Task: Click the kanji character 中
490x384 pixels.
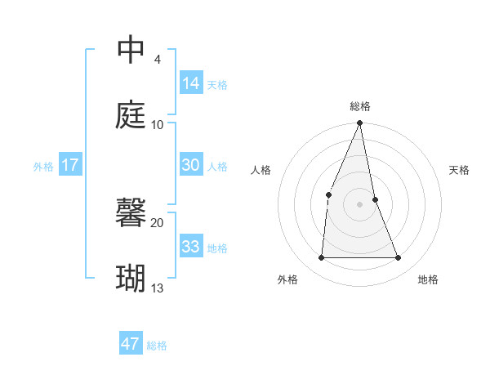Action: tap(131, 51)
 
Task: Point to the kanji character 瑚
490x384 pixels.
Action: tap(131, 279)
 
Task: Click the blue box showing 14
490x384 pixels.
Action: tap(190, 83)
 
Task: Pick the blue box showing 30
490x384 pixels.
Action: tap(190, 165)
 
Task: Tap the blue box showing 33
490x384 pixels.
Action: tap(190, 247)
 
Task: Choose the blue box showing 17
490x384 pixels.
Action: tap(70, 165)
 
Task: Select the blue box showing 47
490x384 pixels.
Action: tap(130, 344)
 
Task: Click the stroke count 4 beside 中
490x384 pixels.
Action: tap(157, 60)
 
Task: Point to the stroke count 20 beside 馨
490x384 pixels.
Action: tap(158, 222)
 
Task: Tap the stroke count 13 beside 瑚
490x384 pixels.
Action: tap(158, 288)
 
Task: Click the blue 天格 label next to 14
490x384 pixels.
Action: tap(217, 84)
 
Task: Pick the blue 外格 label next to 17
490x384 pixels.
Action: tap(43, 166)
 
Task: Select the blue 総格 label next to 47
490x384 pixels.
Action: tap(157, 346)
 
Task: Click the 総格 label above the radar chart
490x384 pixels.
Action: tap(360, 106)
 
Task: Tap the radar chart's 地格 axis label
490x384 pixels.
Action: tap(428, 279)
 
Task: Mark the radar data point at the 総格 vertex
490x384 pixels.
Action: tap(360, 123)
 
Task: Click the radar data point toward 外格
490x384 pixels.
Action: tap(321, 258)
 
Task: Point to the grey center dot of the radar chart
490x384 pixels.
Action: tap(360, 204)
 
